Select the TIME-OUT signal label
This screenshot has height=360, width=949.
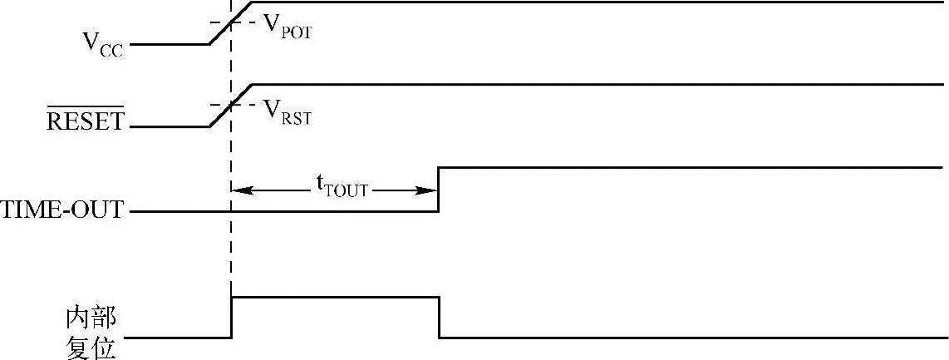click(63, 210)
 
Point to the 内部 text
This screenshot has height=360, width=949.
click(91, 318)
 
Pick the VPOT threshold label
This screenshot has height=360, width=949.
click(287, 26)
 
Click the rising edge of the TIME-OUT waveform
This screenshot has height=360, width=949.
click(439, 190)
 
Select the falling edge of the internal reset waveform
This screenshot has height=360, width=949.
click(439, 317)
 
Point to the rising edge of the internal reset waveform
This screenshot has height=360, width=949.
click(232, 317)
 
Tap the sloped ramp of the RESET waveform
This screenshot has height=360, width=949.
click(229, 106)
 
